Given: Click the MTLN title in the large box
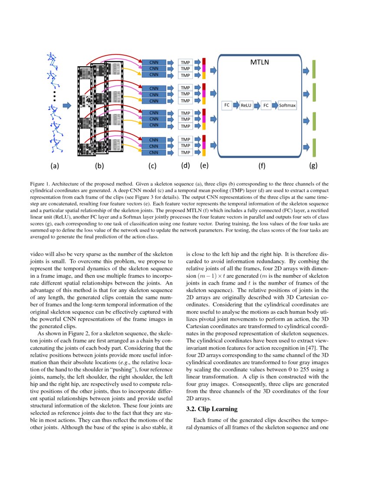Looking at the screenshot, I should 260,62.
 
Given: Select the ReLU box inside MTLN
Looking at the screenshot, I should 246,105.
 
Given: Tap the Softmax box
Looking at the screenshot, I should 287,105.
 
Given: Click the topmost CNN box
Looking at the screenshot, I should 154,62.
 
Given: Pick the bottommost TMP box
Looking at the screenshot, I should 185,153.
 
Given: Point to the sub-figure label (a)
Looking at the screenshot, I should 54,166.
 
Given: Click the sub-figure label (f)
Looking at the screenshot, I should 262,166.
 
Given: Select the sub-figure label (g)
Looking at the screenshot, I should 313,166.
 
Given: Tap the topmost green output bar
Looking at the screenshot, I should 313,69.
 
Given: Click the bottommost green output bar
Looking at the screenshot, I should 313,147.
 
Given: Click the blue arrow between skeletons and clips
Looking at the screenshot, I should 67,105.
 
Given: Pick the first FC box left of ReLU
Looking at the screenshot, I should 227,105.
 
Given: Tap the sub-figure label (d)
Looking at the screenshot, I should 185,165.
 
